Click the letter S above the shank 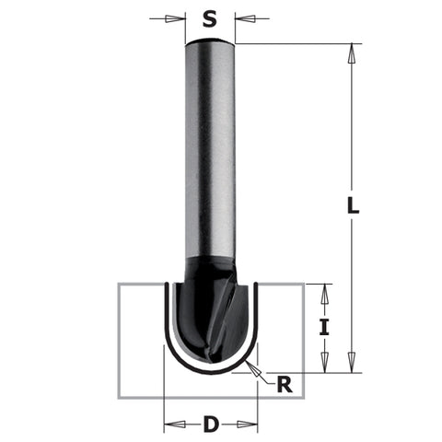[x=210, y=17]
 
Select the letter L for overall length [x=354, y=208]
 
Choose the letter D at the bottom [x=210, y=425]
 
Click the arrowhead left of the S [x=179, y=17]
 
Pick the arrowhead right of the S [x=241, y=17]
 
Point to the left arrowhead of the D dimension [x=169, y=425]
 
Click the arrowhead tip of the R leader [x=251, y=367]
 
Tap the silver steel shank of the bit [x=210, y=157]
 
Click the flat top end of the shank [x=210, y=42]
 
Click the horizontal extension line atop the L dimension [x=295, y=43]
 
